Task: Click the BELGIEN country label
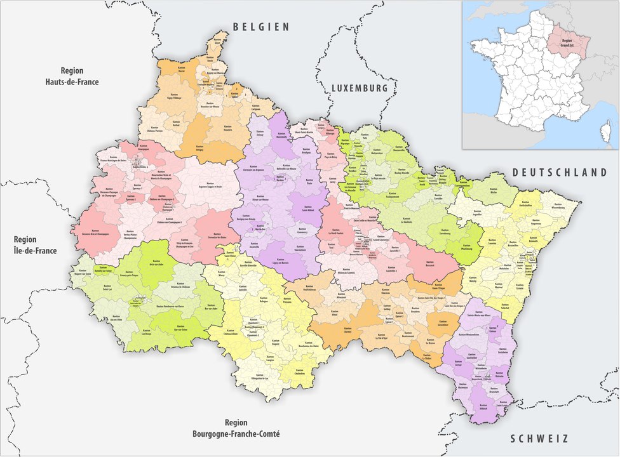click(x=261, y=27)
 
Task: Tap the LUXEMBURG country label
click(x=359, y=89)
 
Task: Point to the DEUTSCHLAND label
click(x=560, y=173)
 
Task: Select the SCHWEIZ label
click(x=539, y=439)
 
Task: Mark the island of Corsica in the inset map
click(x=606, y=132)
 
